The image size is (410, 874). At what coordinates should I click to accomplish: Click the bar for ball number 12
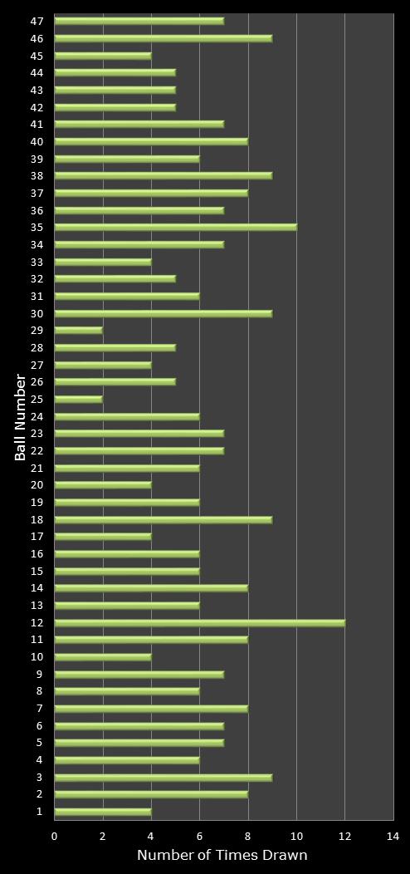tap(199, 622)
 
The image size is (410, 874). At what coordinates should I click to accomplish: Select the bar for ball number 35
tap(175, 227)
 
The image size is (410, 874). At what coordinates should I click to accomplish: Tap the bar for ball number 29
tap(79, 331)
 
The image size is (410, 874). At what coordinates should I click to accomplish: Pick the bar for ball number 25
tap(79, 400)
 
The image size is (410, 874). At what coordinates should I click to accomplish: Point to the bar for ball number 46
tap(164, 38)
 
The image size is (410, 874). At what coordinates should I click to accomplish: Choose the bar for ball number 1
tap(103, 812)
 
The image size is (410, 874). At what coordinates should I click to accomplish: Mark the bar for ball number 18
tap(164, 520)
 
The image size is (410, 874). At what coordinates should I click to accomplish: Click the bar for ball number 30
tap(164, 313)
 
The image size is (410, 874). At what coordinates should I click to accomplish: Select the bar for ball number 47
tap(139, 21)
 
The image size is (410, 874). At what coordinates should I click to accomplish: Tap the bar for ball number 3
tap(164, 778)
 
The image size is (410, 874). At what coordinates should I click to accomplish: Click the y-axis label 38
tap(37, 176)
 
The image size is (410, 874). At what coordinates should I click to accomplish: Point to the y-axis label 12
tap(37, 623)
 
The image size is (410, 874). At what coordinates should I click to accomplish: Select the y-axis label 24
tap(37, 417)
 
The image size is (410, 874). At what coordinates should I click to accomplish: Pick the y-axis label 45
tap(37, 56)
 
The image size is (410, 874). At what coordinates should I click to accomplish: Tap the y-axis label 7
tap(40, 709)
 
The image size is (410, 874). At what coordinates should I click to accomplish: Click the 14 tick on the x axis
tap(393, 837)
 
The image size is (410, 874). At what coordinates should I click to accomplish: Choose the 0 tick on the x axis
tap(55, 837)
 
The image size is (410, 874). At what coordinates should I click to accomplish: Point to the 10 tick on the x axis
tap(296, 837)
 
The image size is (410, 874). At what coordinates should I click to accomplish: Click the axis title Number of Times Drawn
tap(222, 856)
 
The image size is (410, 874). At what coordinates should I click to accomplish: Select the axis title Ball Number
tap(20, 416)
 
